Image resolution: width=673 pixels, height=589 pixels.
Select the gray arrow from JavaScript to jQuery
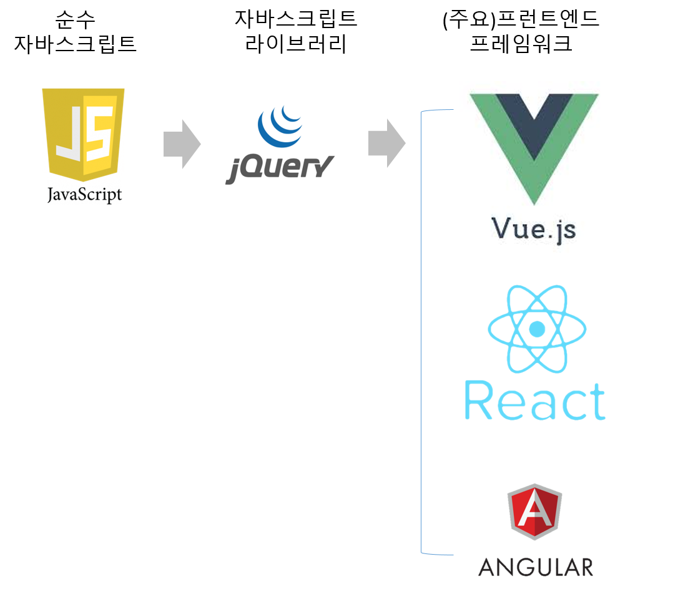point(182,145)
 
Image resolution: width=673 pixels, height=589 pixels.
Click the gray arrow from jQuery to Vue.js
point(386,144)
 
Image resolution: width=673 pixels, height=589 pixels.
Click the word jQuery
point(280,169)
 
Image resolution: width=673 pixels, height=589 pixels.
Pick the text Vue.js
point(534,228)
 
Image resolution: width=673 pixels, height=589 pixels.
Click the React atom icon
point(536,329)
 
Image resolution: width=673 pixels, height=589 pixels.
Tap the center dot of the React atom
point(536,329)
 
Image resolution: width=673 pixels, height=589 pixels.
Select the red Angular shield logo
point(534,512)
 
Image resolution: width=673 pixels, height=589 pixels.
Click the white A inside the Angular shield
point(534,513)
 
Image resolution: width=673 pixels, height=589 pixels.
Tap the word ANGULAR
point(535,567)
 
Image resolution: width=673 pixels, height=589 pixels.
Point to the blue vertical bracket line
point(422,331)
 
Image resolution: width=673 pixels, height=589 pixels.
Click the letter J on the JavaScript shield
point(68,132)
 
